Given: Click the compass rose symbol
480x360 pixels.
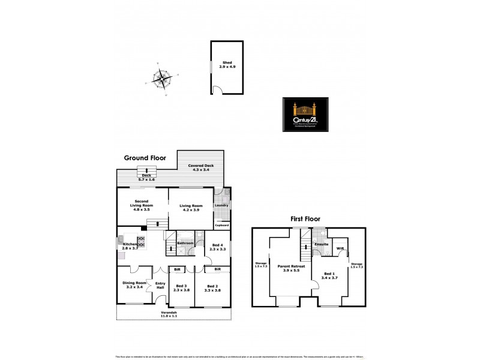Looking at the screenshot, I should [161, 78].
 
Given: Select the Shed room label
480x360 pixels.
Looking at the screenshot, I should [227, 65].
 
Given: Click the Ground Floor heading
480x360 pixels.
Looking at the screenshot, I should [144, 158].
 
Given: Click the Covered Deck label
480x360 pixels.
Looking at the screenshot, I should [200, 167].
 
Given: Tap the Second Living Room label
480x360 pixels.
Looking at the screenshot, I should [142, 205].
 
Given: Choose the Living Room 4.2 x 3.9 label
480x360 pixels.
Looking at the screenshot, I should [191, 208].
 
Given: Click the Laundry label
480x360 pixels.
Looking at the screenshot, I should [221, 206].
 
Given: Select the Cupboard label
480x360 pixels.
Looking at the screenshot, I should [222, 225].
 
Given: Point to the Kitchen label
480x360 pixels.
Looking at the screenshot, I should [130, 245].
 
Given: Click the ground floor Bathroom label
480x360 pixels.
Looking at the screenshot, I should [185, 243].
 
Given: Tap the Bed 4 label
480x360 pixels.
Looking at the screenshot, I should [217, 246].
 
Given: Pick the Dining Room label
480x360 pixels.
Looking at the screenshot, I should [135, 285].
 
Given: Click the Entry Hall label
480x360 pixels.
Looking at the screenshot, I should [160, 286].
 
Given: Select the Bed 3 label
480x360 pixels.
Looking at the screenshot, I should [181, 288].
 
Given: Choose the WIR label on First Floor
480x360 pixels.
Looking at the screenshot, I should [340, 248].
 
